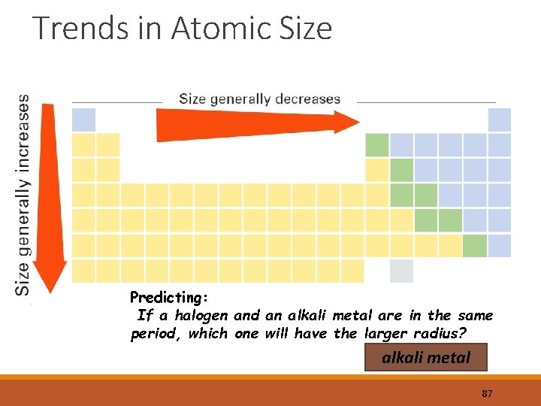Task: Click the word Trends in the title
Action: (71, 29)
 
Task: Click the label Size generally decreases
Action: (259, 99)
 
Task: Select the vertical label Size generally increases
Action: (23, 193)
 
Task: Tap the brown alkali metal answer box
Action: (426, 358)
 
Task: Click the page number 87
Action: (486, 394)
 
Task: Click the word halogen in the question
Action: (202, 316)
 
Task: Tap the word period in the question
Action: (153, 334)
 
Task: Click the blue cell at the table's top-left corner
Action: (83, 120)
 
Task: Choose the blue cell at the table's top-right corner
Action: (499, 120)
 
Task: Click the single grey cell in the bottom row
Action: (401, 271)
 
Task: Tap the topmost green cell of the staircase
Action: (376, 145)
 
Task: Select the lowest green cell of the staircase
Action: (475, 246)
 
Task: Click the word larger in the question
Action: (387, 333)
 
